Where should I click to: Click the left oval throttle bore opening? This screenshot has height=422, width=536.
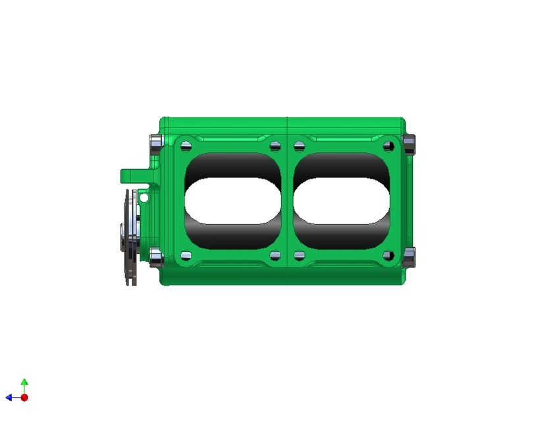(x=233, y=200)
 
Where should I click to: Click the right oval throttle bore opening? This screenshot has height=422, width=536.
(x=341, y=200)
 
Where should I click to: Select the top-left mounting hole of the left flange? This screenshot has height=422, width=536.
(x=186, y=145)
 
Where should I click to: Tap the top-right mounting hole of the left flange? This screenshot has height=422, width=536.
(x=275, y=145)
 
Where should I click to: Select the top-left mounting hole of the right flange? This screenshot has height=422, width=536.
(x=299, y=145)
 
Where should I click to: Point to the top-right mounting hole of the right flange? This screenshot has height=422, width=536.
(x=389, y=145)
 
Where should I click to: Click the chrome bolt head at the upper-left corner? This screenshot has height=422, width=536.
(x=156, y=143)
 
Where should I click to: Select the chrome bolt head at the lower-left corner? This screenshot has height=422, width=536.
(x=156, y=257)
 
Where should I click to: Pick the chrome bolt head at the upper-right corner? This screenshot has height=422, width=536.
(x=409, y=143)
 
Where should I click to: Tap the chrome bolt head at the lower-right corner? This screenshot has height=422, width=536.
(x=409, y=257)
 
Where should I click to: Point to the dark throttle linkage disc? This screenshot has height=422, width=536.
(x=130, y=237)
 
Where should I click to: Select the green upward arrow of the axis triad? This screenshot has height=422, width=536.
(x=24, y=383)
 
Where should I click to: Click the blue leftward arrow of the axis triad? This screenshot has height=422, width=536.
(x=10, y=398)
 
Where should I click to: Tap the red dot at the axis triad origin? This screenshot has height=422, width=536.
(x=24, y=398)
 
